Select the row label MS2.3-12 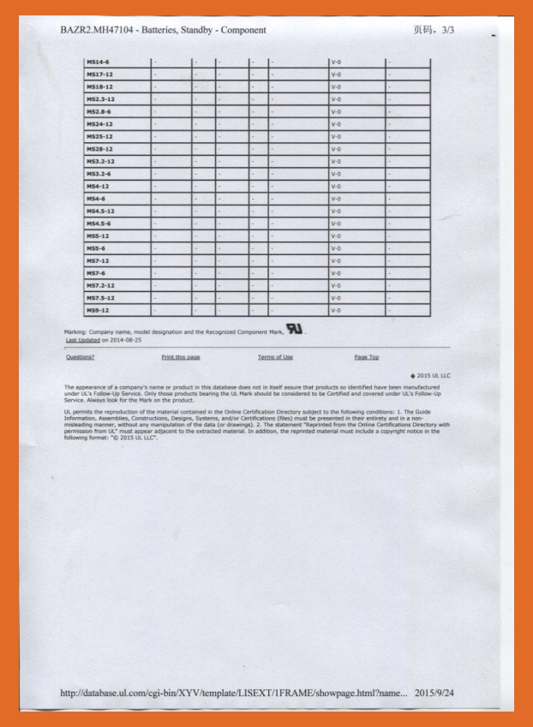(100, 99)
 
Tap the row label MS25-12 (99, 136)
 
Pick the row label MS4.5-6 (100, 223)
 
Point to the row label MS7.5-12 (100, 298)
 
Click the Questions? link (80, 357)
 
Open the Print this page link (180, 357)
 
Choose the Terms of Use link (275, 357)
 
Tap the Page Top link (367, 357)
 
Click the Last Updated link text (82, 340)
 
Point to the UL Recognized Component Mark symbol (296, 330)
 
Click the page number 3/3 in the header (447, 30)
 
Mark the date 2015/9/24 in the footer (434, 692)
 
